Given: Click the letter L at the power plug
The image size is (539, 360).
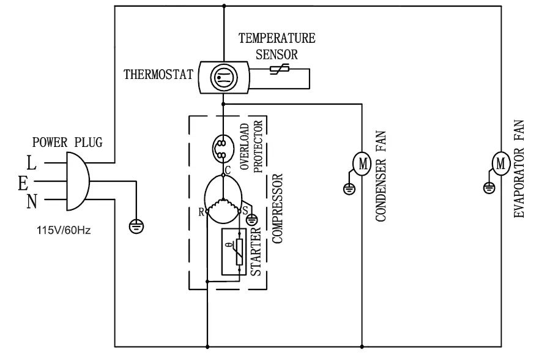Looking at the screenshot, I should tap(31, 163).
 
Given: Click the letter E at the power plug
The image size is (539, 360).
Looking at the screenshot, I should tap(23, 182).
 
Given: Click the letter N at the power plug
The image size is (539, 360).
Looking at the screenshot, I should tap(31, 201).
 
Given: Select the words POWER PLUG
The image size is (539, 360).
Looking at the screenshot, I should tap(67, 143).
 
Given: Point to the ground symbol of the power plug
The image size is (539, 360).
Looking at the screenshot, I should tap(136, 227).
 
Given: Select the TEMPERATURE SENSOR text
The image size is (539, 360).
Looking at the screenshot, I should tap(277, 46).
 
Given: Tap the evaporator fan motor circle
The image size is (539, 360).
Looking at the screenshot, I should tap(500, 163).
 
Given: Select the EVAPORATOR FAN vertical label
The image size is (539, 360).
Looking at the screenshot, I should tap(520, 169).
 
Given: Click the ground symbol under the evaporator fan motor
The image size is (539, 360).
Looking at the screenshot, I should tap(488, 188).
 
